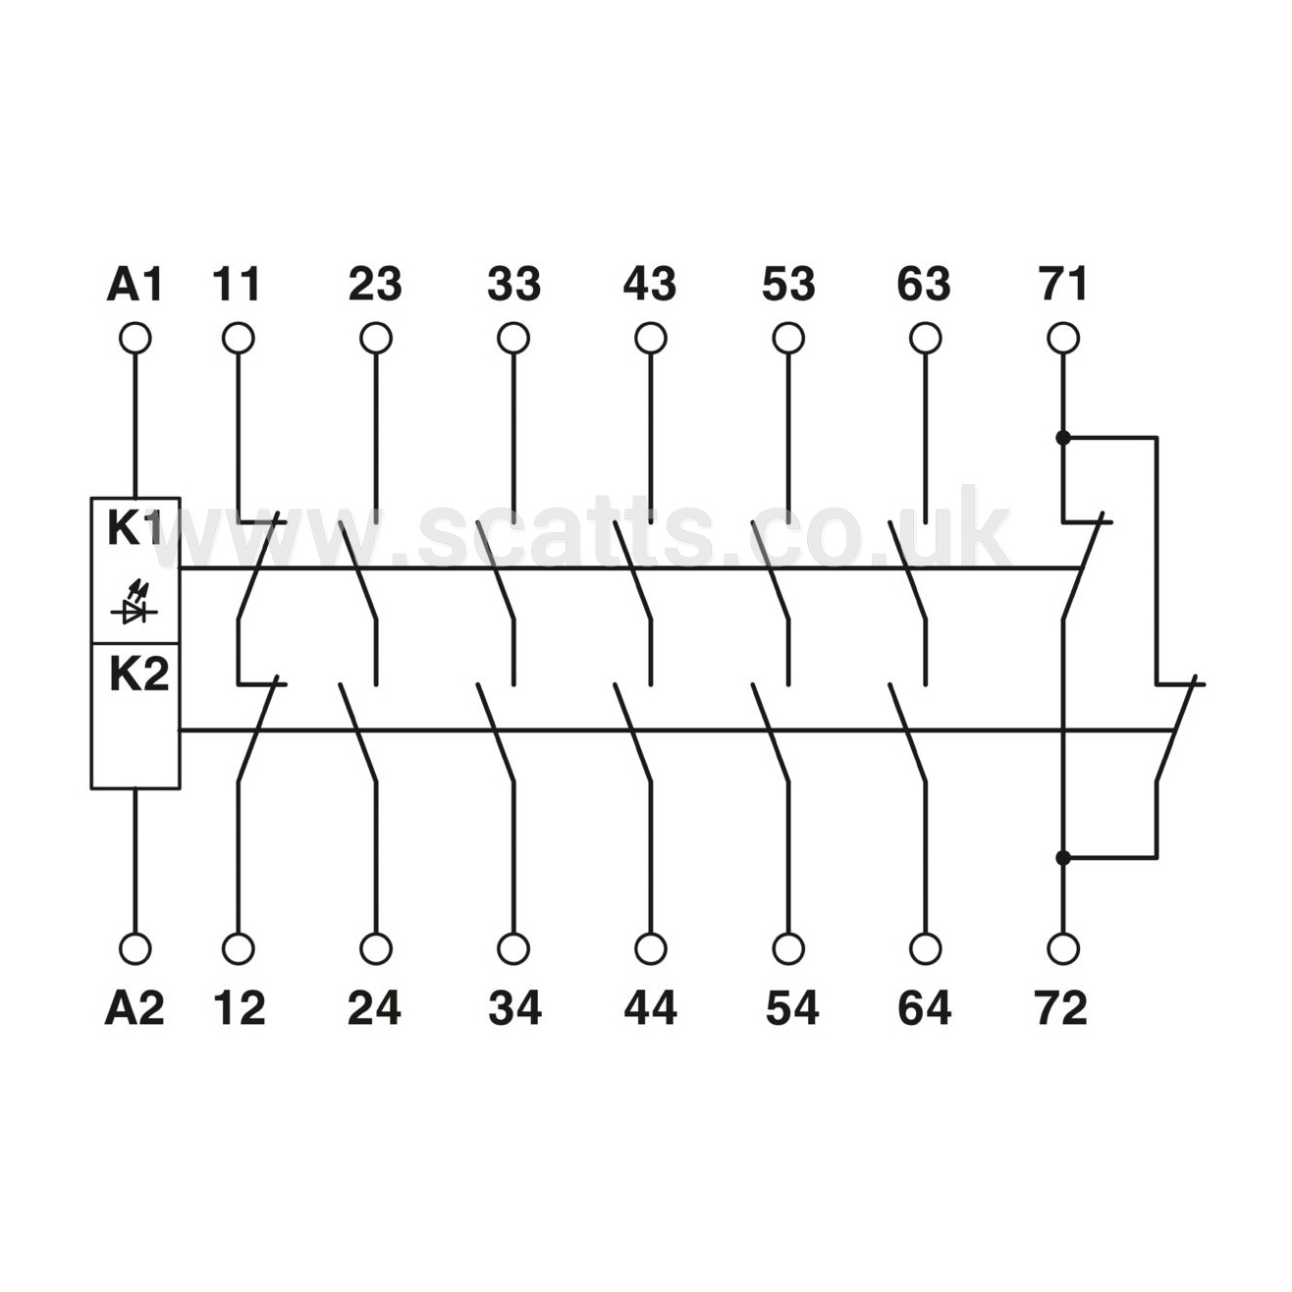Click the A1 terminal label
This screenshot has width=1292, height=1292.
tap(135, 284)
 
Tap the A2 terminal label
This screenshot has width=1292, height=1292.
tap(135, 1007)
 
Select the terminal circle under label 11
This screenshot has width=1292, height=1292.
tap(238, 339)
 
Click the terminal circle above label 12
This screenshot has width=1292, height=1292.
tap(238, 948)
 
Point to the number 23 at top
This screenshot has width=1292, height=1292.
tap(375, 284)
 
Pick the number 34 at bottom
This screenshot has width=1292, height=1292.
tap(514, 1007)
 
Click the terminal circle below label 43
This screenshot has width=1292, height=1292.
tap(650, 339)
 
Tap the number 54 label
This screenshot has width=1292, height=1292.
tap(792, 1007)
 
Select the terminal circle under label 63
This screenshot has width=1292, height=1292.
tap(926, 339)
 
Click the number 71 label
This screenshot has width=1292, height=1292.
tap(1062, 284)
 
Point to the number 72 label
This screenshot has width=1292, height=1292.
tap(1060, 1007)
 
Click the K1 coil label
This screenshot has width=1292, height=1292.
tap(135, 530)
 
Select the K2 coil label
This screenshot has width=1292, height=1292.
tap(139, 675)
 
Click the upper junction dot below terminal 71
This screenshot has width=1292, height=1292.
tap(1062, 439)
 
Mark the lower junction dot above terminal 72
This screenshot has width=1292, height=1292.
tap(1062, 857)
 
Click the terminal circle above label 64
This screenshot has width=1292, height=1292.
tap(926, 948)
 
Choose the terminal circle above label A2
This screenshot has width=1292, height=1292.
tap(135, 948)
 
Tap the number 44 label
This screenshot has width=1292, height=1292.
tap(650, 1007)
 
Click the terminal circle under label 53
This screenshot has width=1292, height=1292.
tap(788, 339)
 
